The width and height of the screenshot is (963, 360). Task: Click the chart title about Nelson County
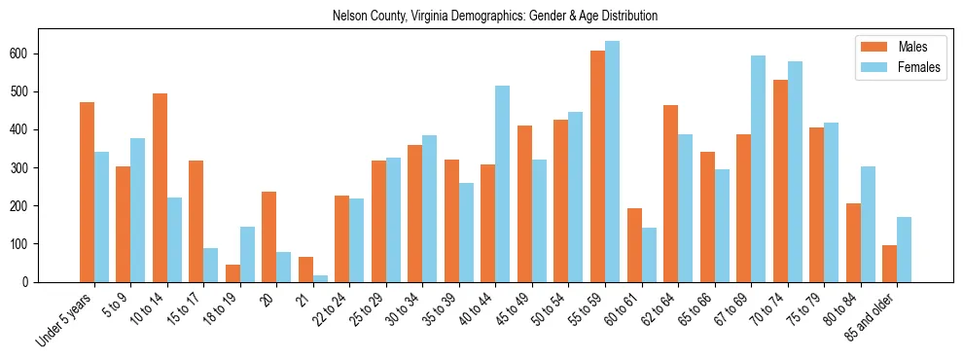pos(494,16)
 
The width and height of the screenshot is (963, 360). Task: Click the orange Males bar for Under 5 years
pos(87,192)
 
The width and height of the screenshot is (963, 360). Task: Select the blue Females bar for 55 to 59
pos(612,162)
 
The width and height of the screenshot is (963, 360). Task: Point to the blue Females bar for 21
pos(320,278)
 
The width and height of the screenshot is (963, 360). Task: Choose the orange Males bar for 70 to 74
pos(780,181)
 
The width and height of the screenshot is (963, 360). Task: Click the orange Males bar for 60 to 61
pos(634,245)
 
